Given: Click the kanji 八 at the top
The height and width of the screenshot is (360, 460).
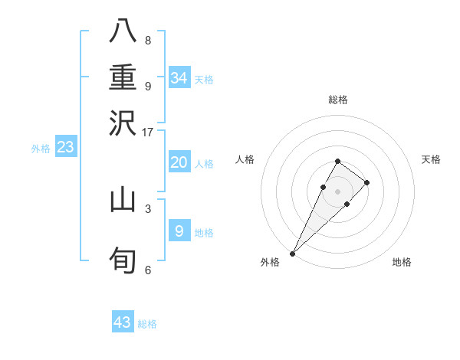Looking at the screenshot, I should pyautogui.click(x=123, y=31).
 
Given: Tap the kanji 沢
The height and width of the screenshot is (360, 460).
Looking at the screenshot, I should pyautogui.click(x=123, y=123).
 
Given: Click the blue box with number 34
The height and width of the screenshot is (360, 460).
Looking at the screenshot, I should pyautogui.click(x=179, y=78).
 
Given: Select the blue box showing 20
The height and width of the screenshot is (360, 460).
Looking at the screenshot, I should pyautogui.click(x=179, y=162).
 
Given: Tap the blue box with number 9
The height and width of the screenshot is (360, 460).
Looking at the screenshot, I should pyautogui.click(x=179, y=231).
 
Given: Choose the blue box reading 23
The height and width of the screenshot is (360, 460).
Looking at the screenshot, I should pyautogui.click(x=66, y=147).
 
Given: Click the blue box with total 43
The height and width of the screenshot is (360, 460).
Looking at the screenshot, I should pyautogui.click(x=123, y=322).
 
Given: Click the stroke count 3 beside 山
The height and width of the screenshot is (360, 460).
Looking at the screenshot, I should pyautogui.click(x=148, y=208).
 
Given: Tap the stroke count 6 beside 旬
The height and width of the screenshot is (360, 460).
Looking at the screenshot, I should pyautogui.click(x=148, y=270).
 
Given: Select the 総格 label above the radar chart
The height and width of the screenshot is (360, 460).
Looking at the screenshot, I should pyautogui.click(x=337, y=100).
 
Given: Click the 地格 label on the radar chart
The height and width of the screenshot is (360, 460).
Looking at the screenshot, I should pyautogui.click(x=402, y=262).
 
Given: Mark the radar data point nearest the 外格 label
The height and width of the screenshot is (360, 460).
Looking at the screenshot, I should pyautogui.click(x=292, y=253).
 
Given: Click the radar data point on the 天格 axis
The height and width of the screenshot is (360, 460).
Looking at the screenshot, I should pyautogui.click(x=367, y=182).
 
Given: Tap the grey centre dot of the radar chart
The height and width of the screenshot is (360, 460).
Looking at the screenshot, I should pyautogui.click(x=337, y=191).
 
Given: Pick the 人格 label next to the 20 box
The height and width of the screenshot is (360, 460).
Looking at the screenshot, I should pyautogui.click(x=204, y=164).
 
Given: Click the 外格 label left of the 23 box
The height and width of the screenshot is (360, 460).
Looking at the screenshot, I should pyautogui.click(x=41, y=149).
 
